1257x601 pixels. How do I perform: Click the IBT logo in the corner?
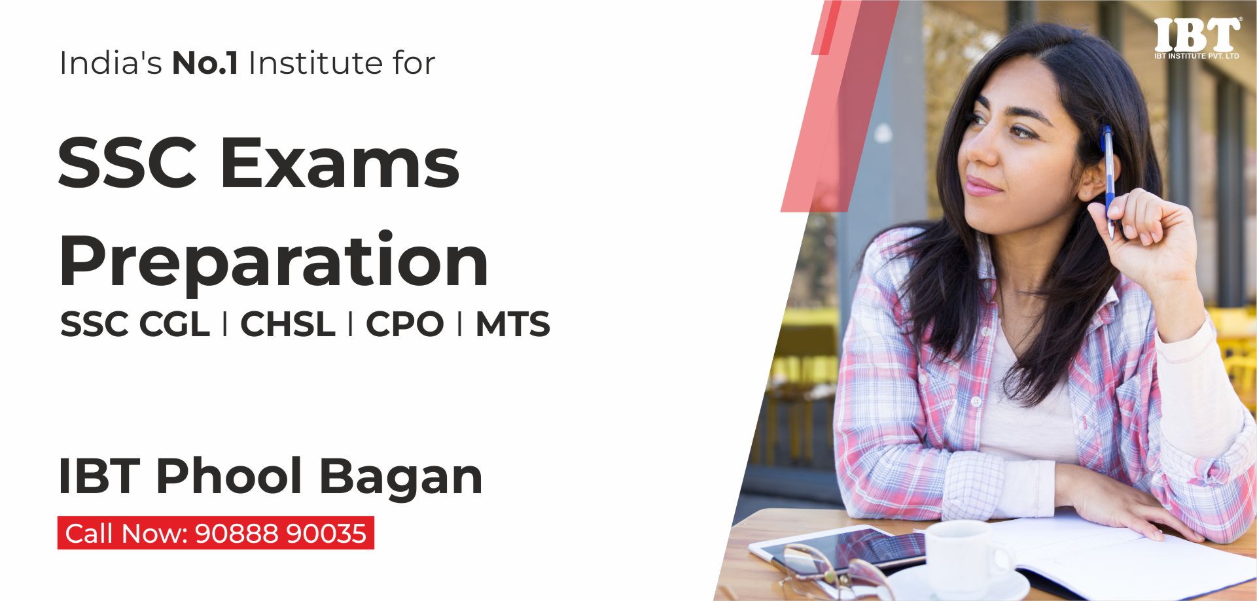(1197, 38)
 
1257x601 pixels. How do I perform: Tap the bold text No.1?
(205, 63)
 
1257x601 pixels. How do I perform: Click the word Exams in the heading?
(340, 163)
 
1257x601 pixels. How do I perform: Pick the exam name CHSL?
(287, 324)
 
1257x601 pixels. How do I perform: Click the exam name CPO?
(404, 324)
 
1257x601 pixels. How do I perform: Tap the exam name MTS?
(512, 324)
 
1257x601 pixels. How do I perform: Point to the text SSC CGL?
(135, 324)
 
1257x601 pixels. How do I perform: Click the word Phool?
(228, 476)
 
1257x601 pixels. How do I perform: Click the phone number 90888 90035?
(281, 534)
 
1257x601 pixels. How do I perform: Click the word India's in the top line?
(111, 63)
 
